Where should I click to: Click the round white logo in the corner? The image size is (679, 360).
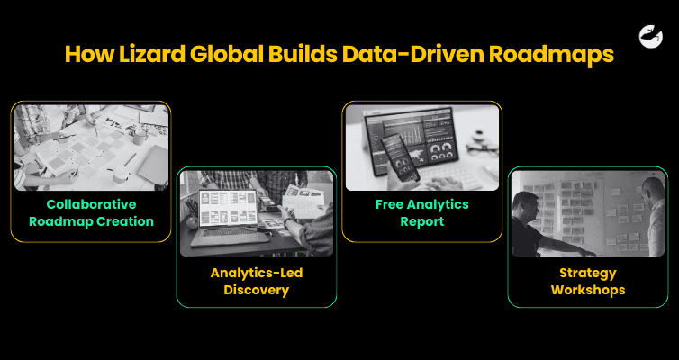[651, 36]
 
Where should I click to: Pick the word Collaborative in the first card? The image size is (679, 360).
[91, 203]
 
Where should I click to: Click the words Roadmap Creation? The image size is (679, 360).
[91, 221]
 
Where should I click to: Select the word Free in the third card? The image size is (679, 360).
[393, 203]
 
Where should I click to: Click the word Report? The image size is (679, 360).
[422, 221]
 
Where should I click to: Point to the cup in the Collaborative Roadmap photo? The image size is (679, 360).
[140, 135]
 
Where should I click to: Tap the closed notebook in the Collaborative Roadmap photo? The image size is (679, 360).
[154, 162]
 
